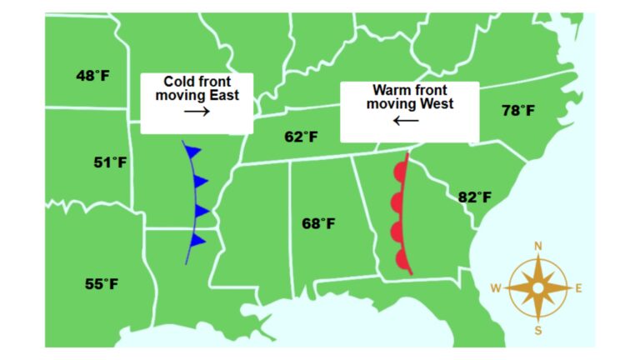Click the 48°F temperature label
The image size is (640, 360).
pyautogui.click(x=93, y=76)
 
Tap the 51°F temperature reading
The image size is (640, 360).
pyautogui.click(x=110, y=162)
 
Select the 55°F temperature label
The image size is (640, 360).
pyautogui.click(x=102, y=284)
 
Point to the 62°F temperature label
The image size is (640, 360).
pyautogui.click(x=301, y=137)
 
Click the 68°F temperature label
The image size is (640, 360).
pyautogui.click(x=318, y=223)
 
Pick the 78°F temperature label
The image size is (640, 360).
pyautogui.click(x=518, y=110)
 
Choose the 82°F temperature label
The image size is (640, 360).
pyautogui.click(x=475, y=197)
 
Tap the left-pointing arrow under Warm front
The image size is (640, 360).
pyautogui.click(x=407, y=120)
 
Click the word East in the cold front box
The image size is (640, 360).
pyautogui.click(x=222, y=95)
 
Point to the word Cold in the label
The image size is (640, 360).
pyautogui.click(x=177, y=81)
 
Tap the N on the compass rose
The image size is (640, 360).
pyautogui.click(x=538, y=246)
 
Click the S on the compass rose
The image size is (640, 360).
pyautogui.click(x=538, y=330)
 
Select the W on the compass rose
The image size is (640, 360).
pyautogui.click(x=495, y=288)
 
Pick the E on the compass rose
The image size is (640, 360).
pyautogui.click(x=579, y=288)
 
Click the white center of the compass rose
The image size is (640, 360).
pyautogui.click(x=538, y=288)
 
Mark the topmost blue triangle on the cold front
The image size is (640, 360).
pyautogui.click(x=193, y=152)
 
